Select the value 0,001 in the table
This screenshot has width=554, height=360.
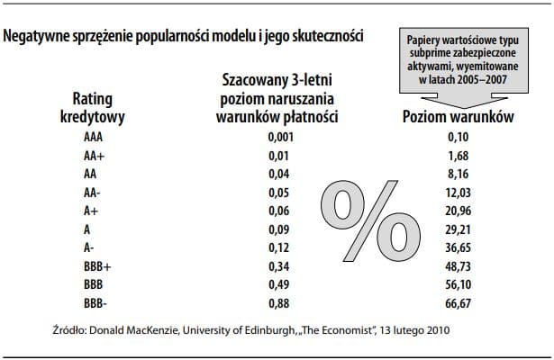(281, 139)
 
